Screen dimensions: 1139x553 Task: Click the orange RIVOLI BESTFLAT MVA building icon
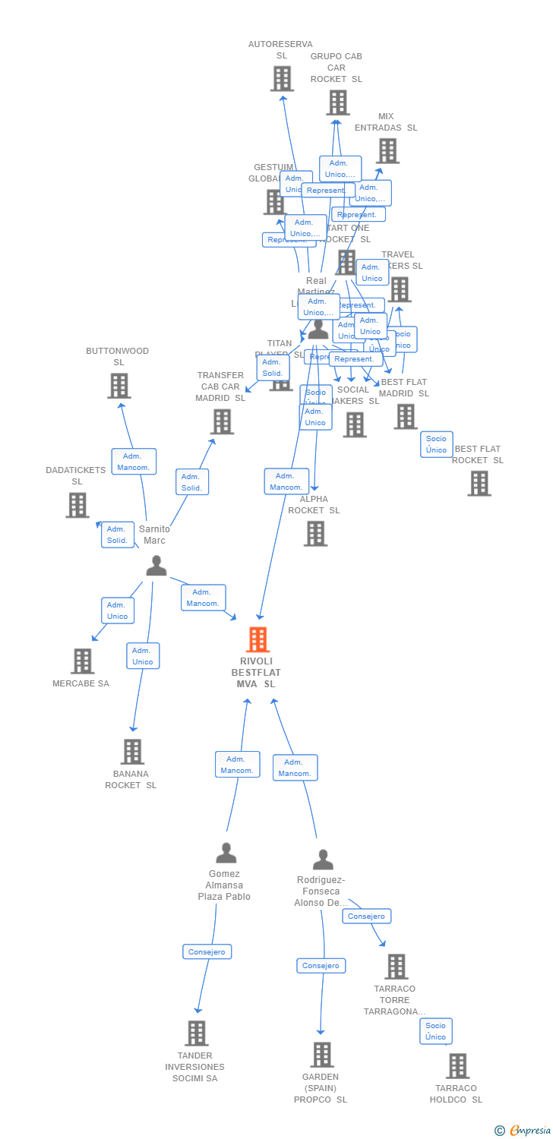[258, 640]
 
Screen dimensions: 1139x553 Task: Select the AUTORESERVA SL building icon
[282, 78]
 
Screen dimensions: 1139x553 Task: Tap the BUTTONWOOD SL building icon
[118, 386]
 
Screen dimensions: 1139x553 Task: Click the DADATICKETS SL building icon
[77, 505]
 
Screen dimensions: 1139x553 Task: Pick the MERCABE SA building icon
[82, 661]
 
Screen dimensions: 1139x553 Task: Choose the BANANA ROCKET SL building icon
[132, 751]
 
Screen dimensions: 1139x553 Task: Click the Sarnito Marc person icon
[156, 566]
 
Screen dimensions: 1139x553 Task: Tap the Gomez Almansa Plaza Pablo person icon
[226, 853]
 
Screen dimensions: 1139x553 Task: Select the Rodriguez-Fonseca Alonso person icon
[323, 860]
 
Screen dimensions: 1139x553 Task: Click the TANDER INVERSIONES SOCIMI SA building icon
[197, 1033]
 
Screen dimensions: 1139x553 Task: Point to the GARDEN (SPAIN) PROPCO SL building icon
[322, 1054]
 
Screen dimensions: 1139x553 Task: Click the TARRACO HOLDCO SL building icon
[457, 1065]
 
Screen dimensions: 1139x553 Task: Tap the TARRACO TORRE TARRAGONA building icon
[396, 967]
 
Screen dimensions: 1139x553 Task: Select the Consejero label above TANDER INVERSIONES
[207, 951]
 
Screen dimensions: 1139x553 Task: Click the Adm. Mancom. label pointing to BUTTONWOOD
[134, 462]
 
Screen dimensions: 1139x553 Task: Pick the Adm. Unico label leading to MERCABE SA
[118, 611]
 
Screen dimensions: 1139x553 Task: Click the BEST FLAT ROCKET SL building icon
[479, 483]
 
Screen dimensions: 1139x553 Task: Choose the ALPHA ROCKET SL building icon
[315, 533]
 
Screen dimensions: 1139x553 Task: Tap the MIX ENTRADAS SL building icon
[387, 150]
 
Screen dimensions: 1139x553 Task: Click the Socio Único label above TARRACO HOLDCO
[436, 1031]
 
